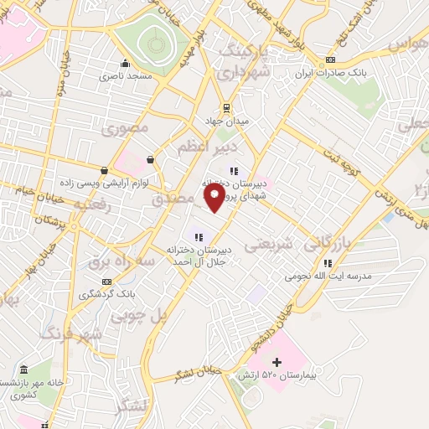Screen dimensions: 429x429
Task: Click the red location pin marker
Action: pyautogui.click(x=214, y=197)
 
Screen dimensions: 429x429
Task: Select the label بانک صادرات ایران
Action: pyautogui.click(x=331, y=73)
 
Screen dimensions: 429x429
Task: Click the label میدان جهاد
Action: pyautogui.click(x=226, y=121)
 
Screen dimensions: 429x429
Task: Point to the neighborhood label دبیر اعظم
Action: pyautogui.click(x=200, y=147)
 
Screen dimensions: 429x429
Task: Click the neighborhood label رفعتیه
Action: pyautogui.click(x=92, y=204)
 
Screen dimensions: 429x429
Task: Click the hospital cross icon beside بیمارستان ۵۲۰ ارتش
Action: pyautogui.click(x=277, y=363)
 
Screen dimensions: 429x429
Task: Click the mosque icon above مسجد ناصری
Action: pyautogui.click(x=125, y=63)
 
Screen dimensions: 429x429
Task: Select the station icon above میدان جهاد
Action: pyautogui.click(x=226, y=107)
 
